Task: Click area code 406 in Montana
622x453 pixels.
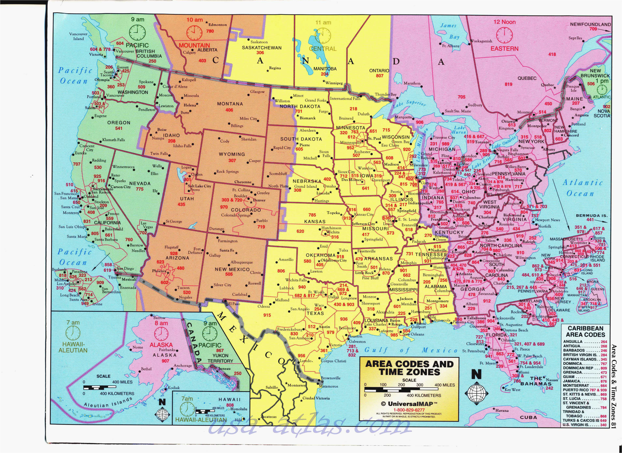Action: click(229, 110)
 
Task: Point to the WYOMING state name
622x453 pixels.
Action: click(232, 154)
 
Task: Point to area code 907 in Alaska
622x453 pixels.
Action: click(165, 361)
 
